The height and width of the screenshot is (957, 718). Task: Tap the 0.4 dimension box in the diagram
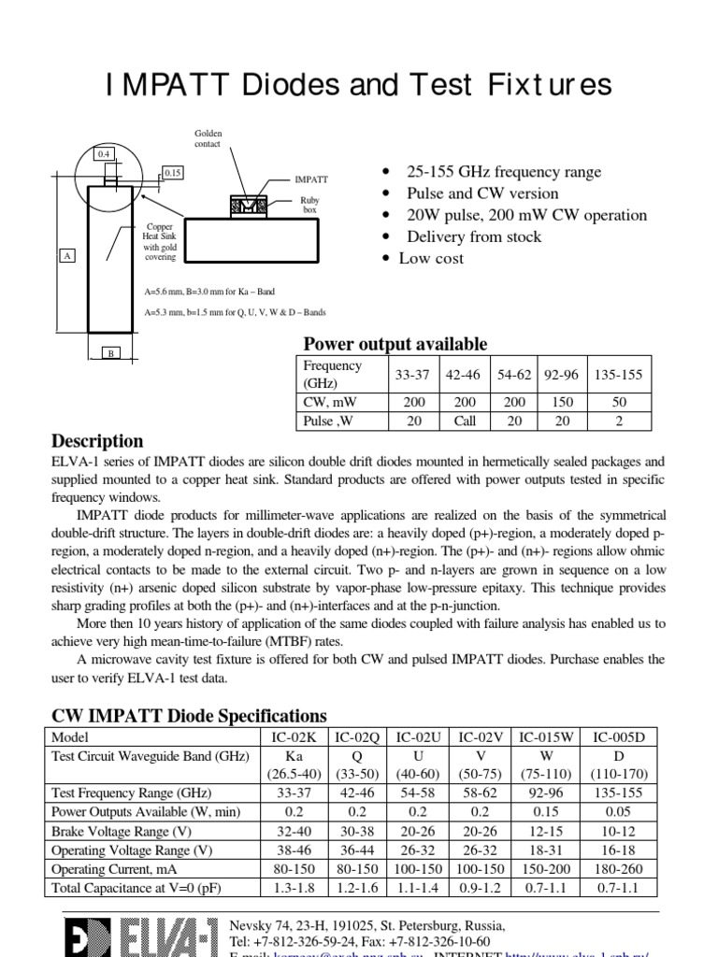(x=103, y=153)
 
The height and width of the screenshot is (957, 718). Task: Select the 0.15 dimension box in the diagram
(x=173, y=173)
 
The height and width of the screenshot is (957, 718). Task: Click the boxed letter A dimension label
(x=66, y=255)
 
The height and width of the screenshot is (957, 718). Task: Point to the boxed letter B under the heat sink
(x=110, y=353)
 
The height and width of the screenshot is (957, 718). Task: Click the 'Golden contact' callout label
(x=208, y=141)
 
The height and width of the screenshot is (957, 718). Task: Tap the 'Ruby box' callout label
(x=309, y=206)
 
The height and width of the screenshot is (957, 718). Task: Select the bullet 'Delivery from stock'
(x=473, y=236)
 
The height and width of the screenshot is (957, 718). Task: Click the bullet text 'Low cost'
(x=431, y=258)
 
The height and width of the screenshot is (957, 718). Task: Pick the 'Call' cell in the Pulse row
(x=465, y=421)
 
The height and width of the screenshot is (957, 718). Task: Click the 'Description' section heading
(x=97, y=441)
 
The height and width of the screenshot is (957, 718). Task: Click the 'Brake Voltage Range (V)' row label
(x=125, y=831)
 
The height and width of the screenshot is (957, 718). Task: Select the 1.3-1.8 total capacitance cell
(x=294, y=887)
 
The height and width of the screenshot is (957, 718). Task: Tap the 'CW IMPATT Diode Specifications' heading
(x=189, y=716)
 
